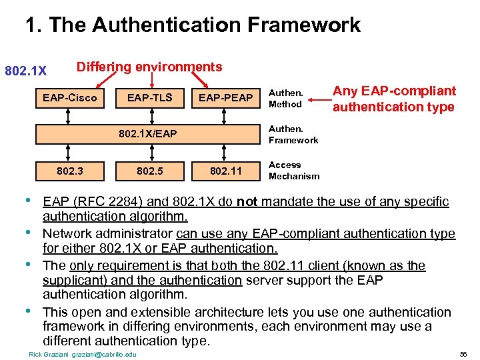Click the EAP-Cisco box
pyautogui.click(x=69, y=98)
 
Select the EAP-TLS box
pyautogui.click(x=150, y=98)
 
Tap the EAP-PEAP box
pyautogui.click(x=225, y=98)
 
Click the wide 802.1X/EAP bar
pyautogui.click(x=148, y=134)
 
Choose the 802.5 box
pyautogui.click(x=150, y=171)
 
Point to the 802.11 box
pyautogui.click(x=225, y=171)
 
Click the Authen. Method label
pyautogui.click(x=285, y=99)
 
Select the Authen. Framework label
pyautogui.click(x=293, y=134)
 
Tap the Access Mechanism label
pyautogui.click(x=293, y=171)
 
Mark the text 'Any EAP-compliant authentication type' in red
pyautogui.click(x=394, y=99)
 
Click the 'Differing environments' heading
pyautogui.click(x=149, y=67)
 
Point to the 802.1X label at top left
pyautogui.click(x=25, y=71)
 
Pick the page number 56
pyautogui.click(x=463, y=353)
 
